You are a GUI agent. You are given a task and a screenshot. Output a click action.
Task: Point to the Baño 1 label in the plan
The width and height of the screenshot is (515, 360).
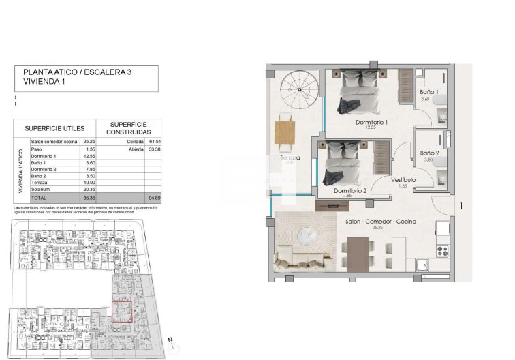428,91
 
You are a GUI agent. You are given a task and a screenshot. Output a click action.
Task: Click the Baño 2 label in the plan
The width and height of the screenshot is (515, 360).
428,153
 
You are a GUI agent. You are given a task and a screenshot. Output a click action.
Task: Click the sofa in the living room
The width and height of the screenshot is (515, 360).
299,260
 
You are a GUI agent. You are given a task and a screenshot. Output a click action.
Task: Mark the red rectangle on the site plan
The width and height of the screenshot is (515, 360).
122,311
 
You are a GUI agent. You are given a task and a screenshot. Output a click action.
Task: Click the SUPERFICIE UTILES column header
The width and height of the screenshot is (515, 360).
54,127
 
